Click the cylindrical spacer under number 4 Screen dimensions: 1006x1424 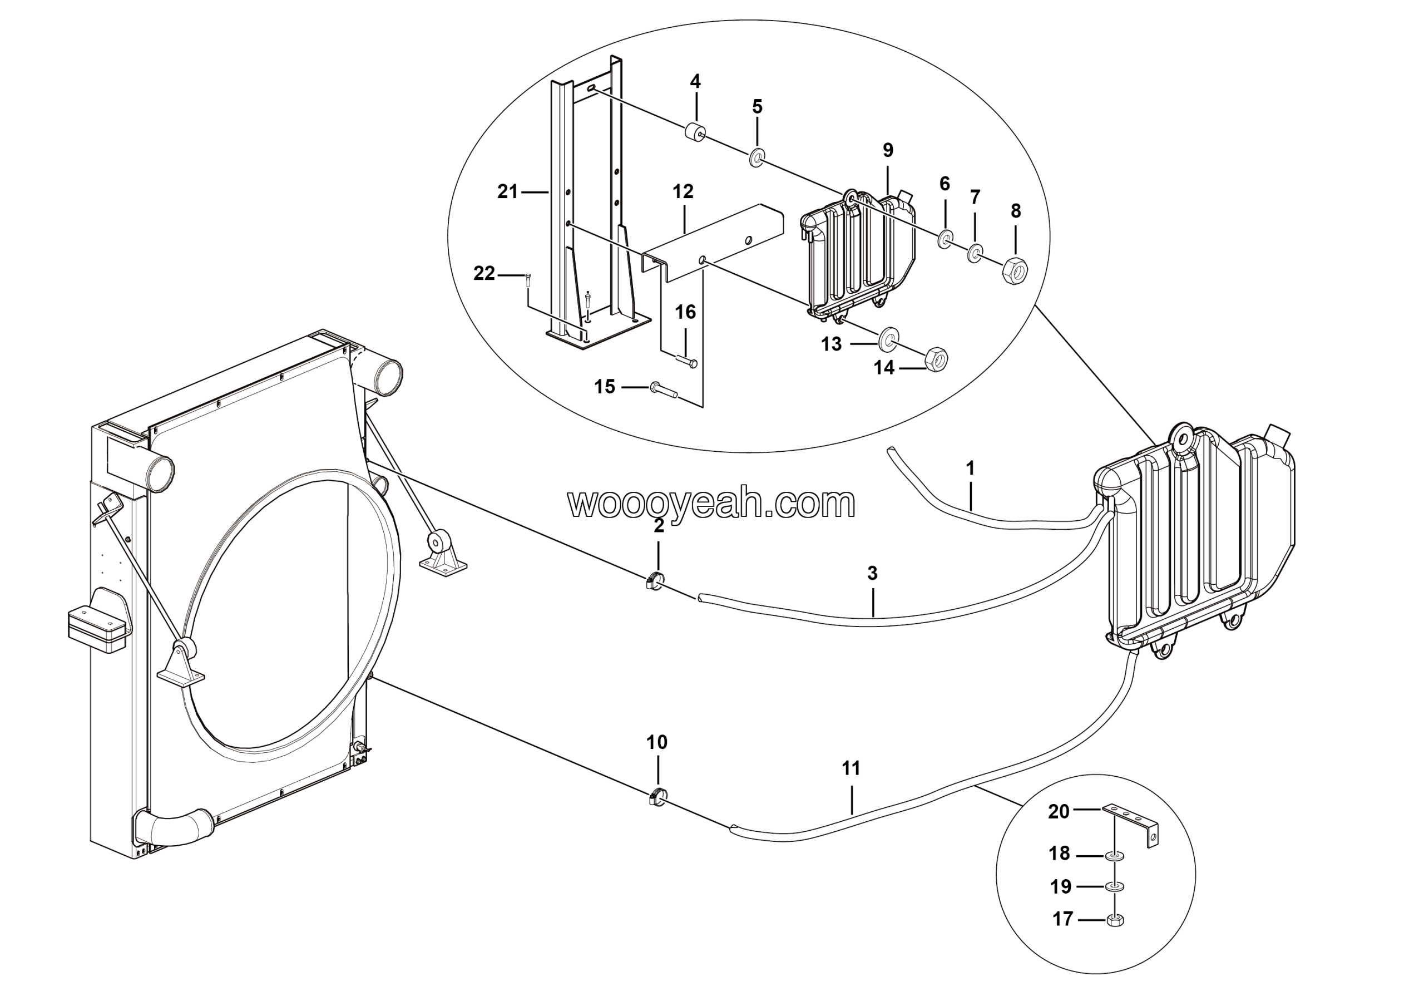click(695, 132)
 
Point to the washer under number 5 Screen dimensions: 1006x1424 click(756, 157)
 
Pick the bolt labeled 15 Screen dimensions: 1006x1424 click(664, 390)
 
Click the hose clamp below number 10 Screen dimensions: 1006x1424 click(657, 797)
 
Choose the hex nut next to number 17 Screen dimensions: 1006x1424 click(1116, 920)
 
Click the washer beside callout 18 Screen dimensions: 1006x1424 click(1115, 856)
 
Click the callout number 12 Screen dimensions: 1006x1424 click(683, 191)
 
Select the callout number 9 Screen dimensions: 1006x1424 click(888, 150)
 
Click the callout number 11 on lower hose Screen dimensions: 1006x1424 click(851, 768)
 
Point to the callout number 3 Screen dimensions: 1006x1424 click(872, 574)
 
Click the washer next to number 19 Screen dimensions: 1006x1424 click(1115, 887)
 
